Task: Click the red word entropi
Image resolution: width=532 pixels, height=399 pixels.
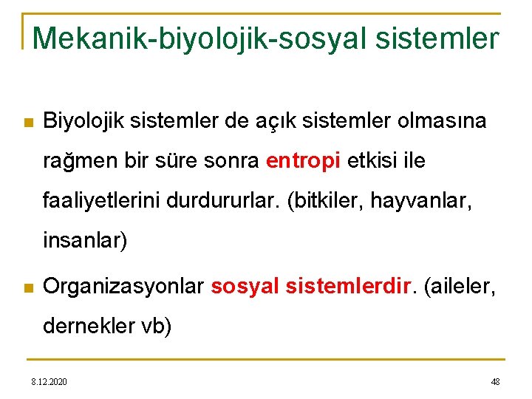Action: [302, 161]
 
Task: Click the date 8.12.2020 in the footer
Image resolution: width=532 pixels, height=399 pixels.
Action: [49, 381]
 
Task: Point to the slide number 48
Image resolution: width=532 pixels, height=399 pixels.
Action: [495, 381]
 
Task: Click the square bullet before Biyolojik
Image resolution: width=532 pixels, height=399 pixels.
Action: [28, 122]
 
